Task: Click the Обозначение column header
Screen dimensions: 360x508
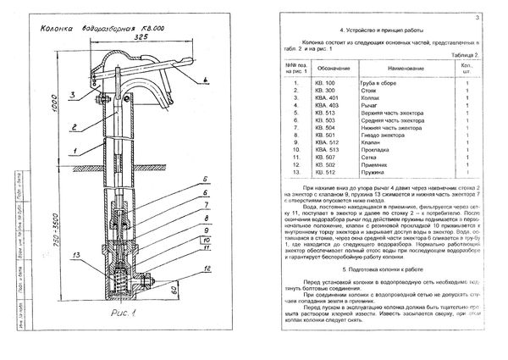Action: click(x=329, y=64)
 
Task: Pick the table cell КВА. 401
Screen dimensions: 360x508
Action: click(x=327, y=97)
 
